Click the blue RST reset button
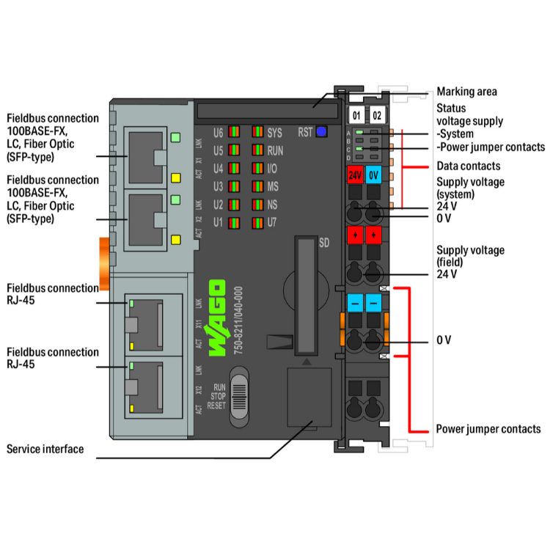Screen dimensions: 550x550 (x=321, y=133)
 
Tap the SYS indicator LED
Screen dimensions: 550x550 (x=257, y=133)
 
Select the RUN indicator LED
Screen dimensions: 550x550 (x=257, y=151)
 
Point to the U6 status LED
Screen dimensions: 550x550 (x=234, y=133)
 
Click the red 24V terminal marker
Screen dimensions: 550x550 (x=355, y=175)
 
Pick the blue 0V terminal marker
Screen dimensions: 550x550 (x=373, y=175)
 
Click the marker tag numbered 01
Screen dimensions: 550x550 (x=356, y=116)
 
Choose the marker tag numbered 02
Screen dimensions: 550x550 (x=377, y=116)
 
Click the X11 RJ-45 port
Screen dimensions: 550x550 (x=147, y=323)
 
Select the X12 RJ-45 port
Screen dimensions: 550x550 (x=147, y=386)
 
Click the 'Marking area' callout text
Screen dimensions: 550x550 (x=466, y=92)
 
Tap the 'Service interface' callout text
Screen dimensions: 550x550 (x=45, y=449)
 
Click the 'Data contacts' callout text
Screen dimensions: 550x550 (x=469, y=166)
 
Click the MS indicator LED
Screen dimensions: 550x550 (x=257, y=186)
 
